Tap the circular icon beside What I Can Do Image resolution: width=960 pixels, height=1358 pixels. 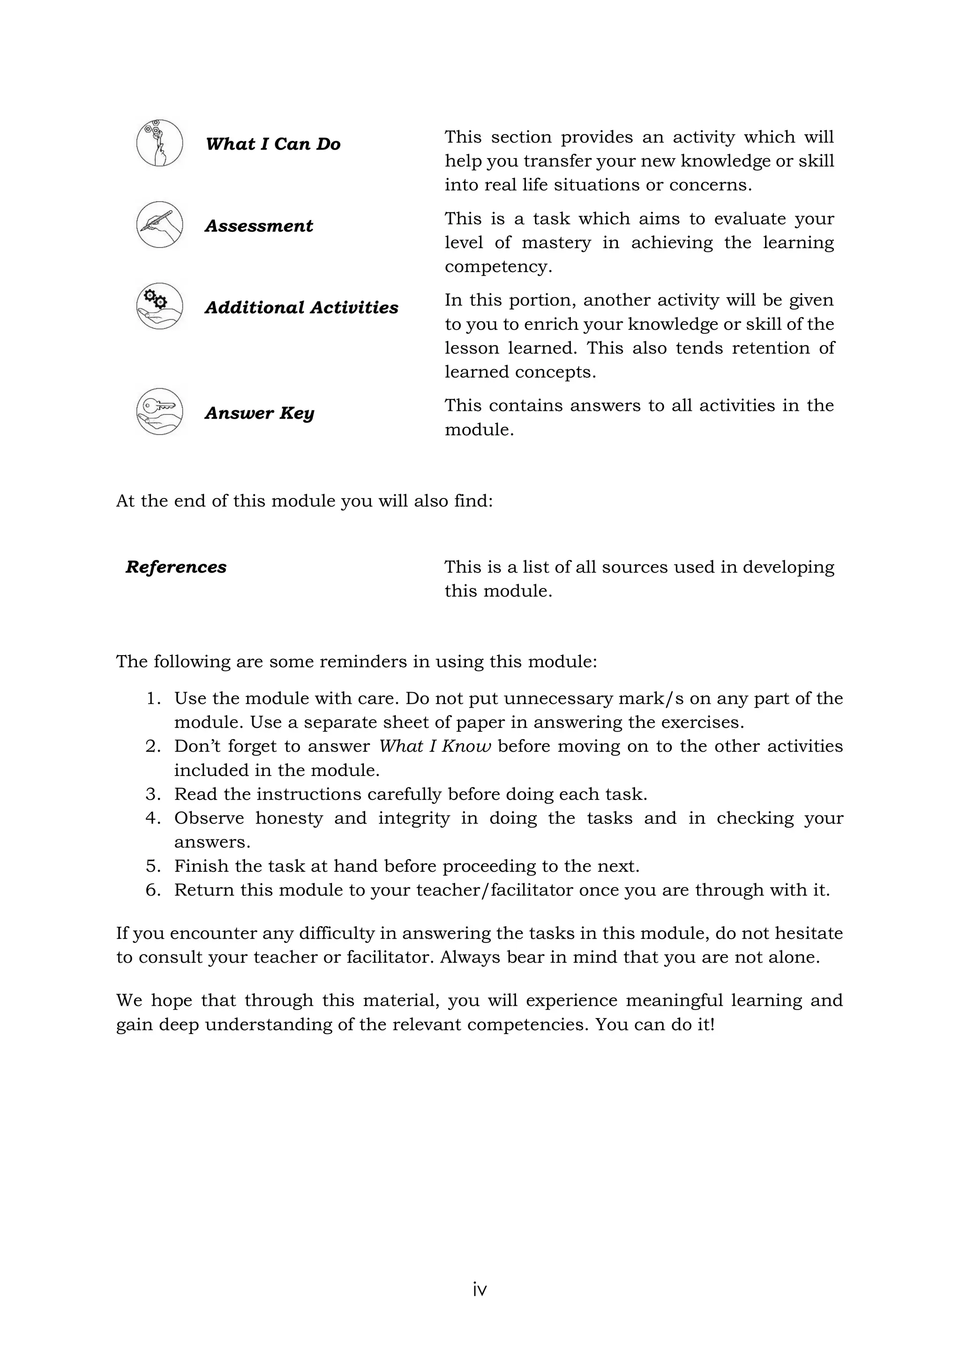pos(159,143)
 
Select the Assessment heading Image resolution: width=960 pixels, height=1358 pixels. pos(258,226)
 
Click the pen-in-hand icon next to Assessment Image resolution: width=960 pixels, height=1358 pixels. pos(159,225)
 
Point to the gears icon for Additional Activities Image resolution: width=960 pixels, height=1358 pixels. pos(159,306)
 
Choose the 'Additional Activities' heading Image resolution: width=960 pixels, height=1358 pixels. pos(301,308)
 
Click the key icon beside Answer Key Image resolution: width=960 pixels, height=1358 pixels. pos(159,412)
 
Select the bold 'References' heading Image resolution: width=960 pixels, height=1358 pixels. pos(176,567)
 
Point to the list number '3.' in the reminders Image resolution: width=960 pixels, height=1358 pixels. pos(153,794)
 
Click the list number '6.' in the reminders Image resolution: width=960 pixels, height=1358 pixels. pos(153,890)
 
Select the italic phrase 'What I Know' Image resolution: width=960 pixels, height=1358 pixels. pos(435,747)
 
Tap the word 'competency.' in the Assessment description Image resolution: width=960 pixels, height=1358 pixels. pos(498,267)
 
